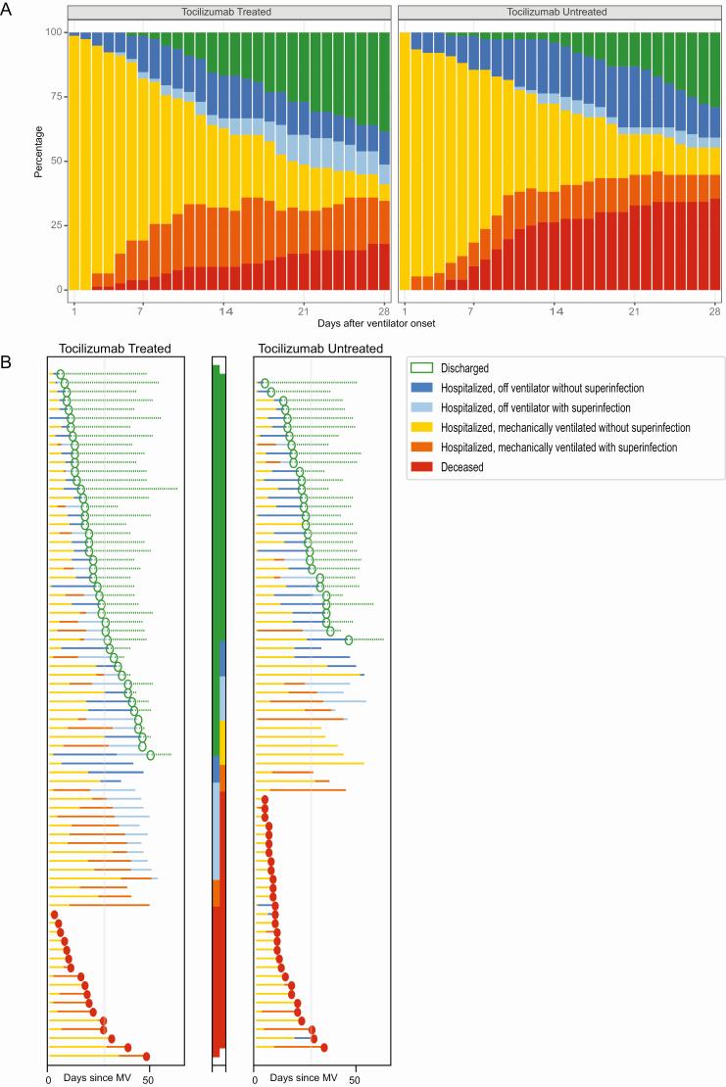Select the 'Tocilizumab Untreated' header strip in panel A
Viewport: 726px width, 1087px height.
tap(558, 11)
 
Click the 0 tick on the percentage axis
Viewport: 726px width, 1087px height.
tap(54, 290)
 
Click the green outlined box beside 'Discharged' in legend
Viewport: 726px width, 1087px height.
tap(422, 368)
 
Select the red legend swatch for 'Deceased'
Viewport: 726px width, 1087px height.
tap(422, 467)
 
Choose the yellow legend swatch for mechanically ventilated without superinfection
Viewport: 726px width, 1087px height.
tap(422, 428)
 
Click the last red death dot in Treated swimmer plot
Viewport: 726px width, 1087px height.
tap(147, 1057)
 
